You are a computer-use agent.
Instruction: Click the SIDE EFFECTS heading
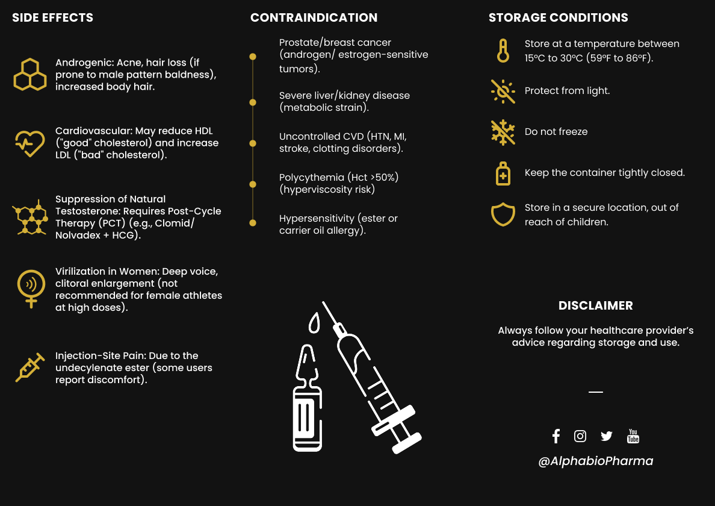(53, 17)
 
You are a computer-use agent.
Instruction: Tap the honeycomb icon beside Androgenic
(30, 75)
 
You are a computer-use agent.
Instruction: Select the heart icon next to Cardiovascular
(29, 143)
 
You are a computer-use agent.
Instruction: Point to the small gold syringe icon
(30, 367)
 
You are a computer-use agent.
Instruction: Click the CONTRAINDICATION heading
(314, 17)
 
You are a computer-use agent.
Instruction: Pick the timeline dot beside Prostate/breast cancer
(253, 57)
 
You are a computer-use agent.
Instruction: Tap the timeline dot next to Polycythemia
(253, 184)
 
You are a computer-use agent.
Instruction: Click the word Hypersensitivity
(317, 218)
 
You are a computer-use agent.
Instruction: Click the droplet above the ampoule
(314, 323)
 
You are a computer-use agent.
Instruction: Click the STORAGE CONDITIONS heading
(558, 17)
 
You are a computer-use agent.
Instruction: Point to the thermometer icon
(503, 51)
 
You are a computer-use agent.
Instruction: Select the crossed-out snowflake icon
(503, 132)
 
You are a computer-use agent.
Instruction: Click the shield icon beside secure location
(503, 214)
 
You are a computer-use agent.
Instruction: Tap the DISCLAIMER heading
(595, 305)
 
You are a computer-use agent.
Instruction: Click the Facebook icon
(556, 436)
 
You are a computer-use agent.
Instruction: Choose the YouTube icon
(633, 436)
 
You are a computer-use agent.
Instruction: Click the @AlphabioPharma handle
(595, 461)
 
